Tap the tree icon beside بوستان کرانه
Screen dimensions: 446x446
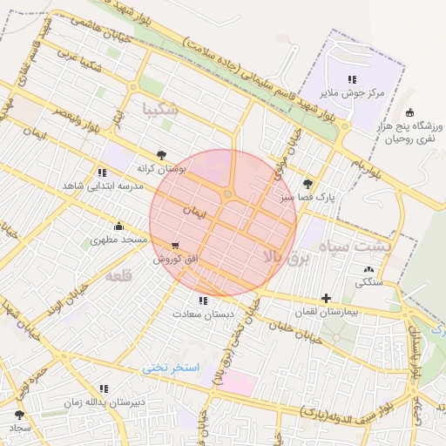pos(160,154)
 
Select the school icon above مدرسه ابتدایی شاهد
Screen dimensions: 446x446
pos(104,173)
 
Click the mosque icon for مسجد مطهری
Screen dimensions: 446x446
pos(118,226)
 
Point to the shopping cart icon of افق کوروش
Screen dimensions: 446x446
pos(176,247)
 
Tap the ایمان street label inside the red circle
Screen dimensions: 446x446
pos(193,211)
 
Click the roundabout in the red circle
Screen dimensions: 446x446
pos(227,194)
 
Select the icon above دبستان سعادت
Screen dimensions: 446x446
pos(203,301)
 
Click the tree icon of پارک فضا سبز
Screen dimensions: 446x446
pos(307,184)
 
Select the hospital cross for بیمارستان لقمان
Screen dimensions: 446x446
pos(326,298)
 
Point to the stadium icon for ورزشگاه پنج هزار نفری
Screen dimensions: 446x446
pos(409,112)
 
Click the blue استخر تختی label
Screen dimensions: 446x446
pos(171,368)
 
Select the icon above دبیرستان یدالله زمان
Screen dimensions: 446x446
pos(104,389)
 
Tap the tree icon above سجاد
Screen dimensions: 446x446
pos(19,416)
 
